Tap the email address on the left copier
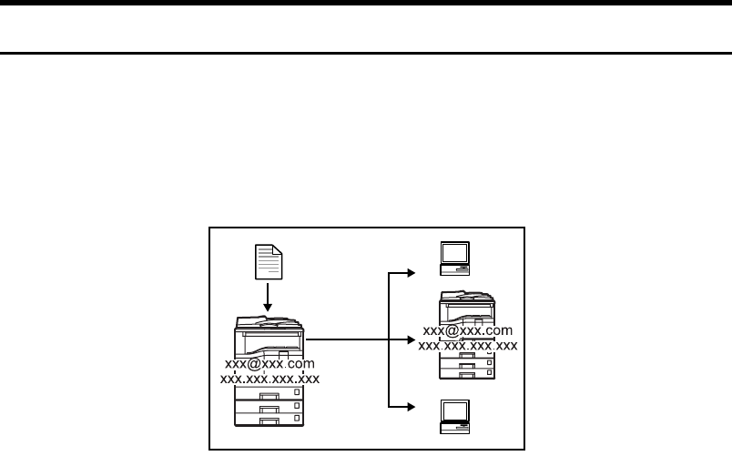tap(269, 364)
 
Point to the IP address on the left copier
tap(269, 379)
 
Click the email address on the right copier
tap(468, 330)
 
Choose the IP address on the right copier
tap(468, 345)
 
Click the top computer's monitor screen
tap(454, 252)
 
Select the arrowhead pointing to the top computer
tap(412, 270)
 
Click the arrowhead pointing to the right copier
tap(412, 339)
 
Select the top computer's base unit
tap(454, 269)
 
